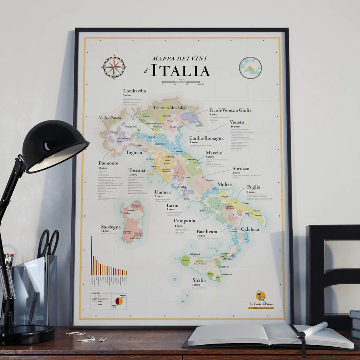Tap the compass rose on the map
[114, 67]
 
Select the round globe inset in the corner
[250, 68]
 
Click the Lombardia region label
[134, 91]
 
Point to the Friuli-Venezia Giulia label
[230, 110]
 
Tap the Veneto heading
[237, 122]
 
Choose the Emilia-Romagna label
[206, 138]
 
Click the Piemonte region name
[108, 163]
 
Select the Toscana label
[137, 170]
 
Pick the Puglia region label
[254, 187]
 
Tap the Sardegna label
[111, 227]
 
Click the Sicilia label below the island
[199, 280]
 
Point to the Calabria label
[250, 229]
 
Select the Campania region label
[184, 220]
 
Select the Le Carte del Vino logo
[261, 299]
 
